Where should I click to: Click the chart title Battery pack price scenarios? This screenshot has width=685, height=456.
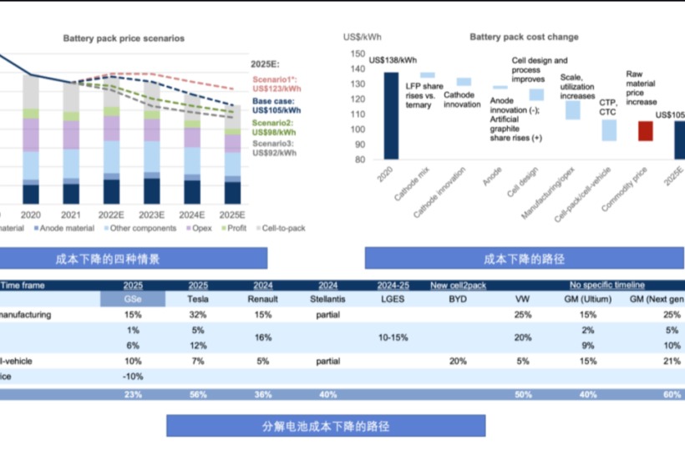(x=124, y=38)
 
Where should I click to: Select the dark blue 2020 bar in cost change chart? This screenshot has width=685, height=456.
(x=390, y=115)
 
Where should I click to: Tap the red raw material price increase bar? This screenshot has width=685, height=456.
(x=645, y=130)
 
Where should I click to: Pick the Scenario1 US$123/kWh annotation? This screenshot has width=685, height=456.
(x=277, y=84)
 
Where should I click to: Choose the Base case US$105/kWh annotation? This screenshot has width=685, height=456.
(x=277, y=105)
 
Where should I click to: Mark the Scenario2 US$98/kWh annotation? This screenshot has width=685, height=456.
(x=274, y=128)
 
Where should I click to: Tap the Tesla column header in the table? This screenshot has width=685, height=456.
(x=199, y=298)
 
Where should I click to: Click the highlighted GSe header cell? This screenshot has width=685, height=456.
(x=133, y=298)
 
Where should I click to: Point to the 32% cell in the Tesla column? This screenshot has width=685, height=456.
(x=199, y=315)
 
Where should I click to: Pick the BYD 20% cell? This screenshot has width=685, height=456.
(x=458, y=362)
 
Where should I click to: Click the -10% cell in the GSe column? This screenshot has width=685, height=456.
(x=133, y=377)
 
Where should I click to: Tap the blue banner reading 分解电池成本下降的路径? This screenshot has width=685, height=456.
(x=325, y=425)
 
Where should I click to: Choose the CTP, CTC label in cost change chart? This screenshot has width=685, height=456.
(x=608, y=106)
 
